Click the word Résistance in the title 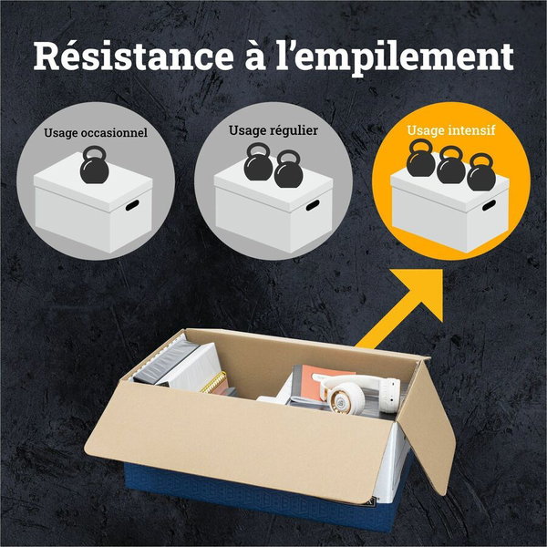click(x=133, y=57)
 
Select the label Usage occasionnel click(x=96, y=133)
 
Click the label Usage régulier click(x=273, y=130)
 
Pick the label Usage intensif click(x=451, y=130)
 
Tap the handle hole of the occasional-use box click(x=132, y=205)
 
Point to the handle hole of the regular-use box click(x=313, y=205)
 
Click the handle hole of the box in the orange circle click(x=489, y=205)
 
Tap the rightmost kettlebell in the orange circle click(x=481, y=172)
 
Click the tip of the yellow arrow click(x=442, y=270)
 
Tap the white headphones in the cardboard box click(x=356, y=392)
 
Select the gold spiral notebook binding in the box click(x=213, y=383)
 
